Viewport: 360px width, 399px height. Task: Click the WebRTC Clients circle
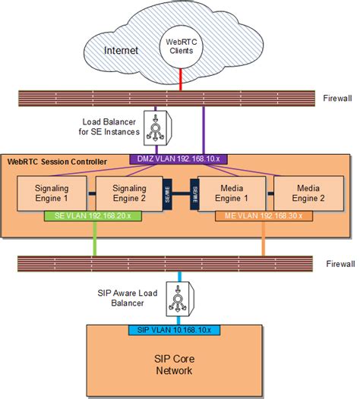[180, 46]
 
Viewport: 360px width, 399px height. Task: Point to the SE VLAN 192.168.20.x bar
[94, 216]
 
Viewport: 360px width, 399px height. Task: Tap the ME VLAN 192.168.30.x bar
[264, 216]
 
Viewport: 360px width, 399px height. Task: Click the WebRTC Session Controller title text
[57, 162]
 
